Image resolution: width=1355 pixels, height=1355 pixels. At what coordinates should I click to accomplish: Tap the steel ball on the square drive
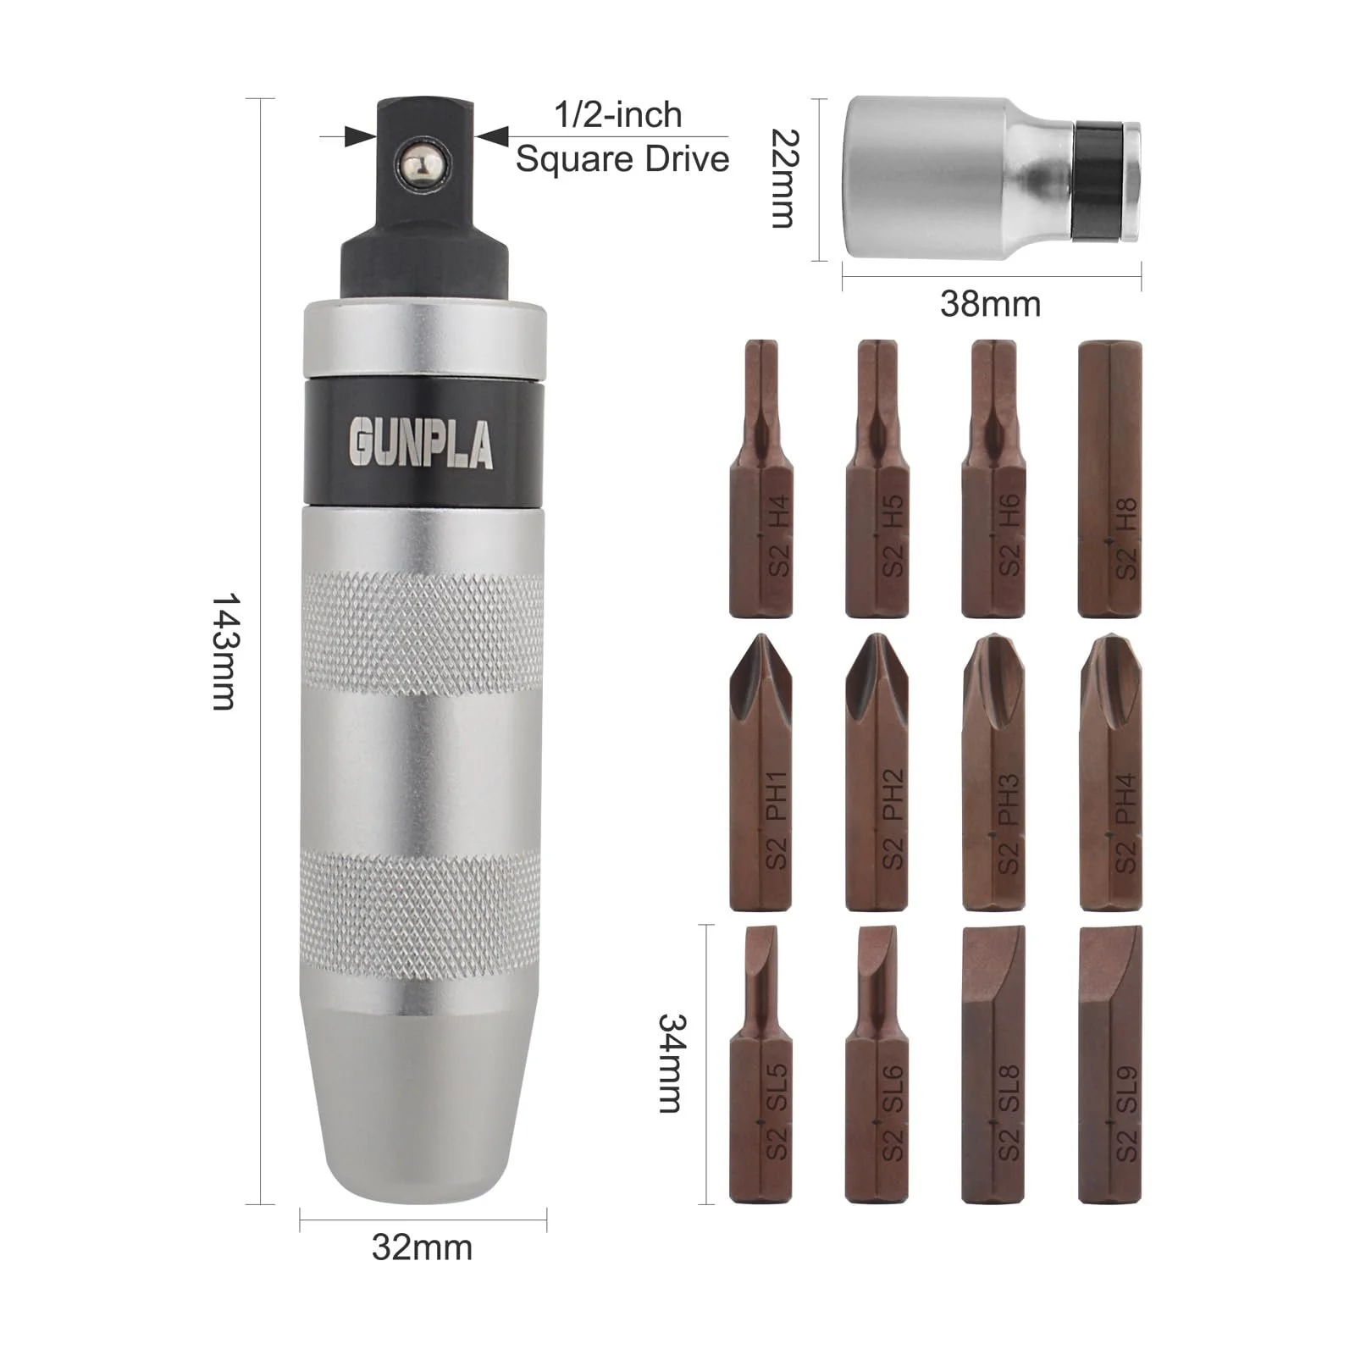tap(423, 161)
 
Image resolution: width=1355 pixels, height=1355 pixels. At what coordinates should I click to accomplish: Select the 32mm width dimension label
tap(422, 1247)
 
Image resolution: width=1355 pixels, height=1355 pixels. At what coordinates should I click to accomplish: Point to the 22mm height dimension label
tap(783, 179)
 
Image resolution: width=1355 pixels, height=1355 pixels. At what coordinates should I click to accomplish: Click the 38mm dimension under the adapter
tap(990, 303)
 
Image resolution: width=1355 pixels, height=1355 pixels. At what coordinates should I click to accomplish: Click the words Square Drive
tap(622, 159)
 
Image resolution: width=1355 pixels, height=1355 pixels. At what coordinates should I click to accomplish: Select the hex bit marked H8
tap(1109, 479)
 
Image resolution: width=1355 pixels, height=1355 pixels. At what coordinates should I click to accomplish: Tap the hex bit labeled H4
tap(760, 479)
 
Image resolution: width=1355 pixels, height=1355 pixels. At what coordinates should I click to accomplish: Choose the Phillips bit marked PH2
tap(877, 772)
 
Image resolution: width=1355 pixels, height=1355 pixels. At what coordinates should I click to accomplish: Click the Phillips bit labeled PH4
tap(1110, 772)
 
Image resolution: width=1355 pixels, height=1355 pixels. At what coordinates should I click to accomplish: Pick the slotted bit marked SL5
tap(760, 1064)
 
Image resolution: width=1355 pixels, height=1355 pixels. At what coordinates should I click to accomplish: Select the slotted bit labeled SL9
tap(1110, 1064)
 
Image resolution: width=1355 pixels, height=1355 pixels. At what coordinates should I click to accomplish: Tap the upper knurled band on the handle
tap(423, 633)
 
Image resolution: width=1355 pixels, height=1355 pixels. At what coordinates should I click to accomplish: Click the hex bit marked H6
tap(993, 479)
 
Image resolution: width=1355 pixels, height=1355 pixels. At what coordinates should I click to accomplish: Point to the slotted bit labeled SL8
tap(993, 1064)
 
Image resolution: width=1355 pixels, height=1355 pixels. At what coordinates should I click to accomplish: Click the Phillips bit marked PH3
tap(993, 772)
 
